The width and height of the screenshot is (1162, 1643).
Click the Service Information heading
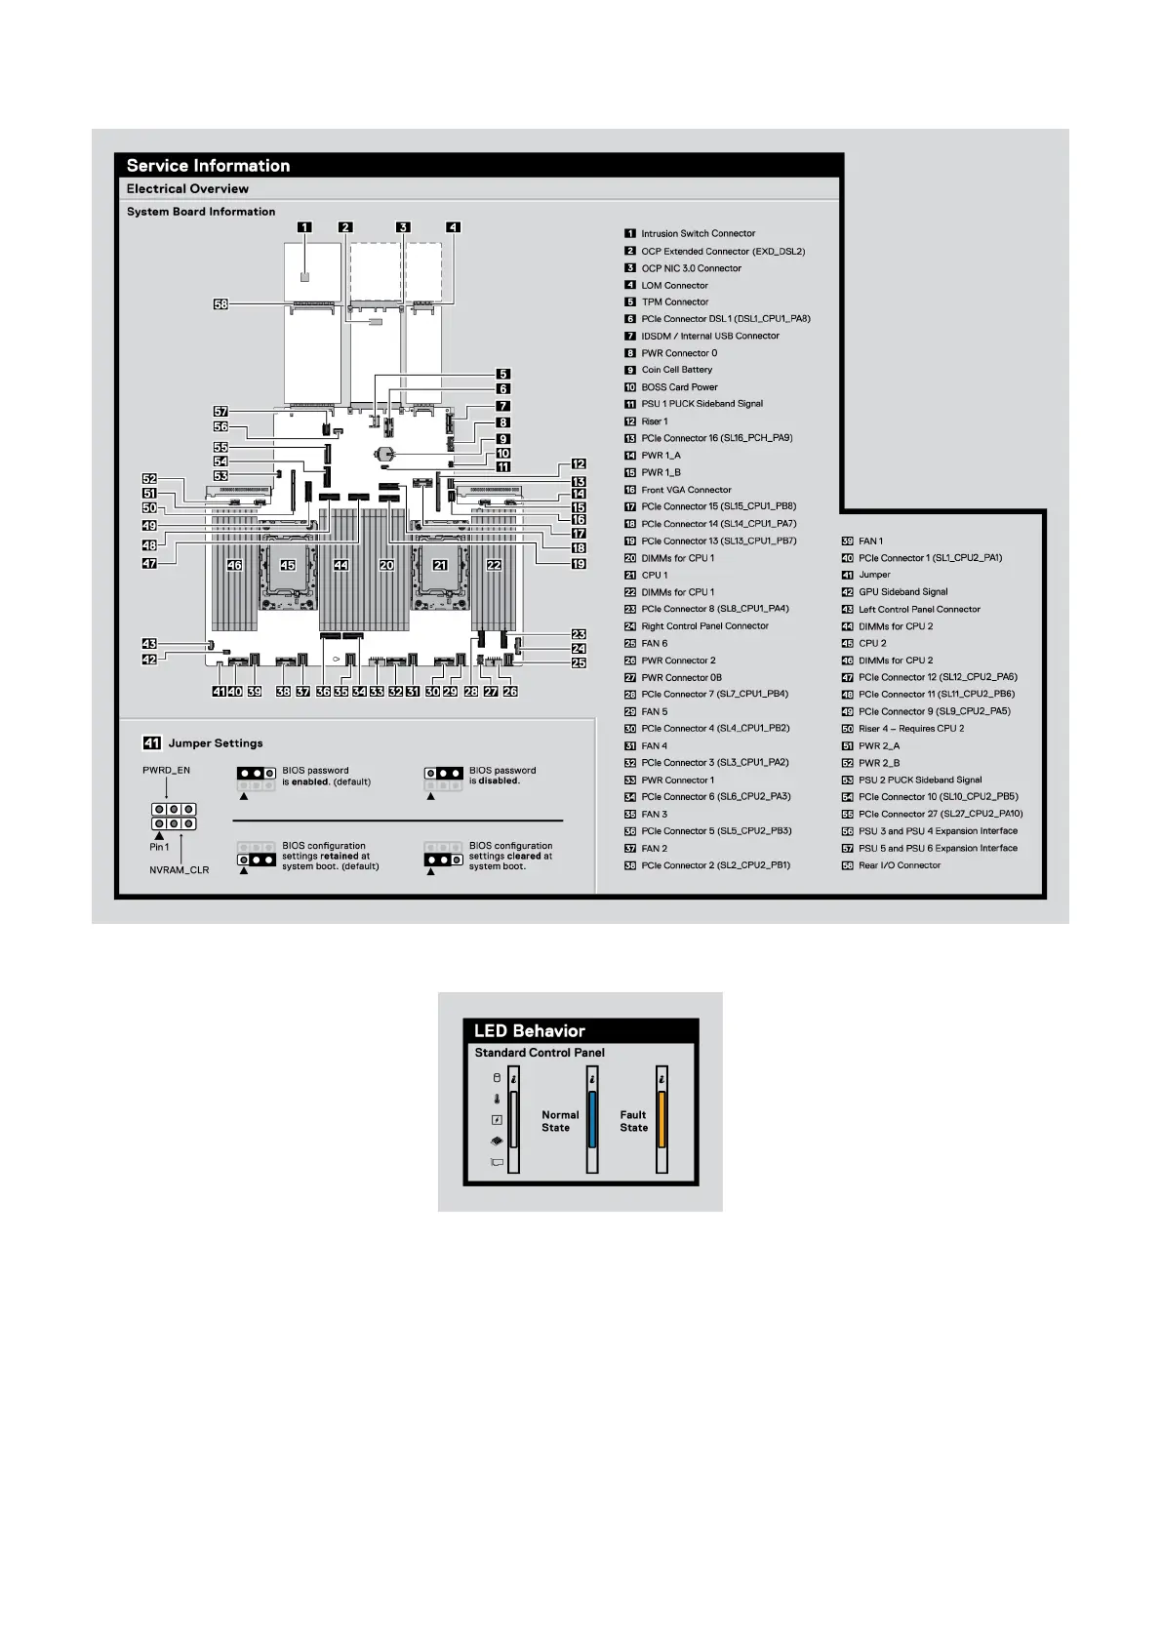(209, 166)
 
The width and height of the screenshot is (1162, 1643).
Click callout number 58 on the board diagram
(220, 303)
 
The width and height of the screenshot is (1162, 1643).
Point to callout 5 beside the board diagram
(503, 374)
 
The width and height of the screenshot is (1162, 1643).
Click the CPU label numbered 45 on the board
(288, 565)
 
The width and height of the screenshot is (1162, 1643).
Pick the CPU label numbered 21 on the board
(440, 565)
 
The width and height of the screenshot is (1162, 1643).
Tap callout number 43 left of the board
(149, 643)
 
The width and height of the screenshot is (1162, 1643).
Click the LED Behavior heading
(530, 1030)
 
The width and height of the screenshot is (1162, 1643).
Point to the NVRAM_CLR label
(179, 870)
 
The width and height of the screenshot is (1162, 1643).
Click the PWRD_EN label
(167, 770)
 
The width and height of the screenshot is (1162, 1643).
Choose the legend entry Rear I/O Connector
(900, 865)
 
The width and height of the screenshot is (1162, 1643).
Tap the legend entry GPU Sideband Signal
(903, 592)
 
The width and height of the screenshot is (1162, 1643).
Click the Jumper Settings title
(216, 743)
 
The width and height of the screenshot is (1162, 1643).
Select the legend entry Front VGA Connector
(686, 490)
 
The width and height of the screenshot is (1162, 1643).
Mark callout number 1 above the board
(304, 227)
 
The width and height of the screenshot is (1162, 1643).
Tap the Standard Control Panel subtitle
(540, 1053)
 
